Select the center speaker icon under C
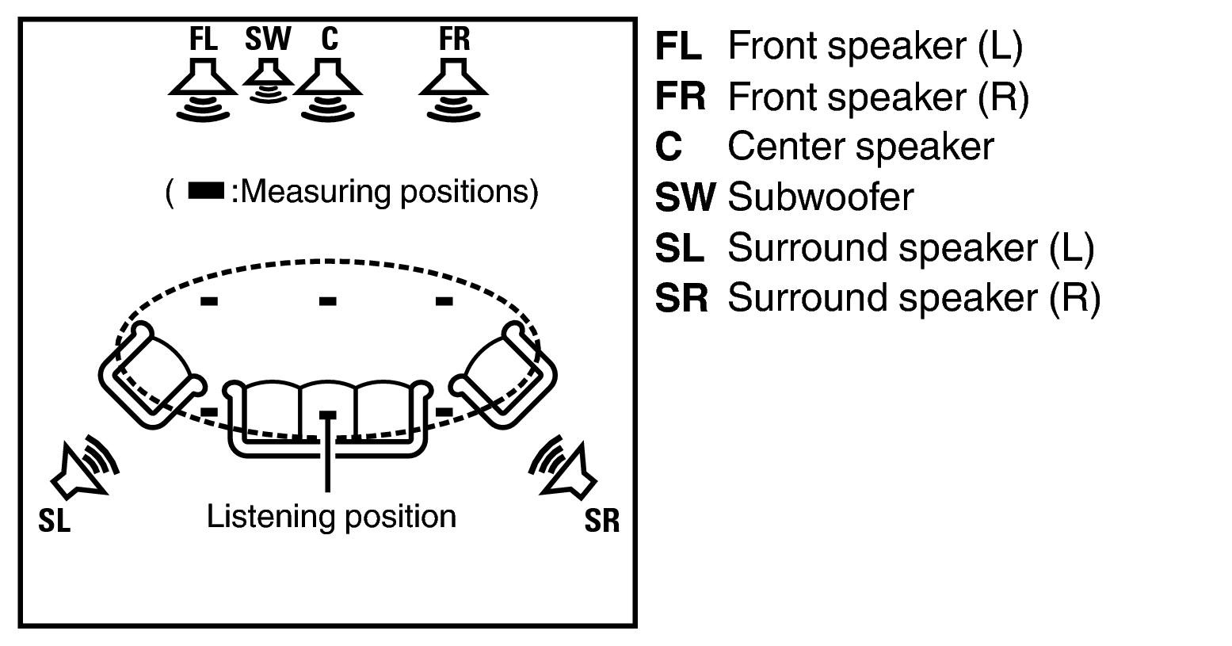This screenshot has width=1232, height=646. coord(328,89)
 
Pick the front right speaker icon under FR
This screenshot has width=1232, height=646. coord(454,89)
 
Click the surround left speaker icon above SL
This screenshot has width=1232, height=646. coord(83,469)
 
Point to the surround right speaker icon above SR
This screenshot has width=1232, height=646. coord(565,469)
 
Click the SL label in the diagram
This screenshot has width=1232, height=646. coord(54,522)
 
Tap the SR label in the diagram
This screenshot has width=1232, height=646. coord(602,522)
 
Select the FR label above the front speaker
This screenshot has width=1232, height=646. coord(454,39)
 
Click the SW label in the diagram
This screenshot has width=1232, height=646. coord(268,39)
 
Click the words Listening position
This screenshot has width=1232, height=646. coord(331,517)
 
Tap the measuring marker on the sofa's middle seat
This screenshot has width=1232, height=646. coord(327,415)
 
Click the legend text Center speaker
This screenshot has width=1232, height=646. coord(860,147)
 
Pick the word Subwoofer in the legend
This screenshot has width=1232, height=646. coord(821,197)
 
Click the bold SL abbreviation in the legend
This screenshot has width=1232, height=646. coord(679,248)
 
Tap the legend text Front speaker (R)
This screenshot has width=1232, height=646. coord(878,97)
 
